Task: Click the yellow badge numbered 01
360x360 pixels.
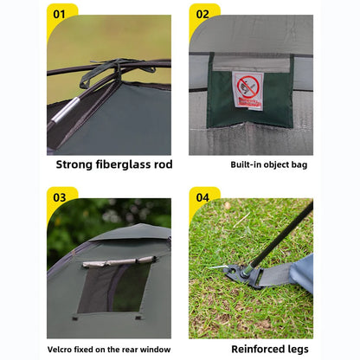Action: pos(60,14)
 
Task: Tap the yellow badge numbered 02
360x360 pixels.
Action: pos(202,14)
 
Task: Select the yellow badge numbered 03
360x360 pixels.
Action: pos(60,197)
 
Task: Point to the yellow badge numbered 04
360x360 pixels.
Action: pos(202,197)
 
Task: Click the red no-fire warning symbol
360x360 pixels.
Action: pos(247,87)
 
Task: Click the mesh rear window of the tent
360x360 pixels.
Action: pos(114,287)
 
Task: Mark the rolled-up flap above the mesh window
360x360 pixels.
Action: pos(118,260)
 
